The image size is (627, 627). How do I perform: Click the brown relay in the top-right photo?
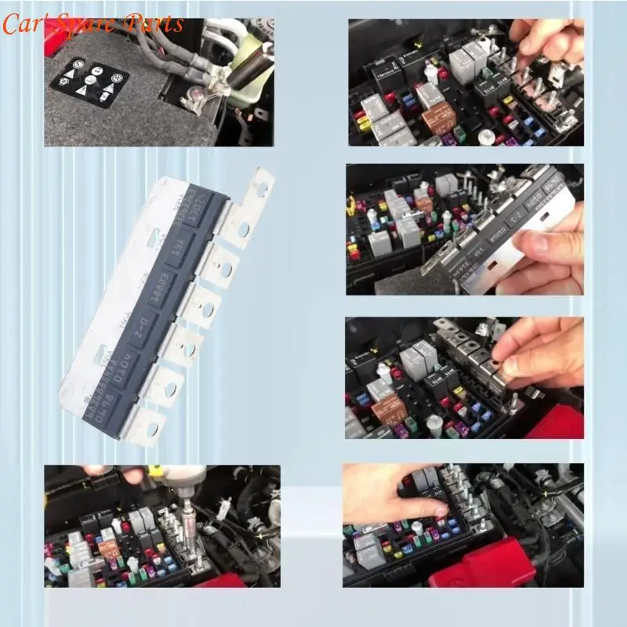coord(438,118)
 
